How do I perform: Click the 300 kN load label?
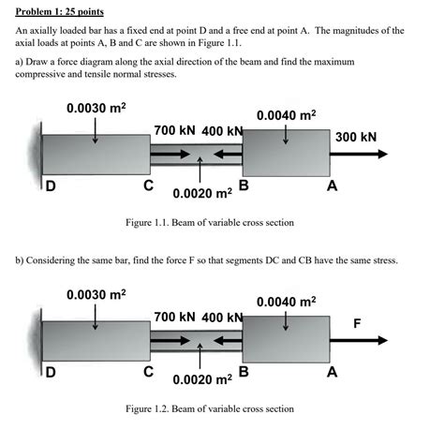coord(355,137)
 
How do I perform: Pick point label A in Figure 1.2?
coord(332,372)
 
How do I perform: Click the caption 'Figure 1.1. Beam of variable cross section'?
coord(210,223)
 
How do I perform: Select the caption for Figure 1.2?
coord(210,409)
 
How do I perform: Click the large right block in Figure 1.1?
coord(285,155)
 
